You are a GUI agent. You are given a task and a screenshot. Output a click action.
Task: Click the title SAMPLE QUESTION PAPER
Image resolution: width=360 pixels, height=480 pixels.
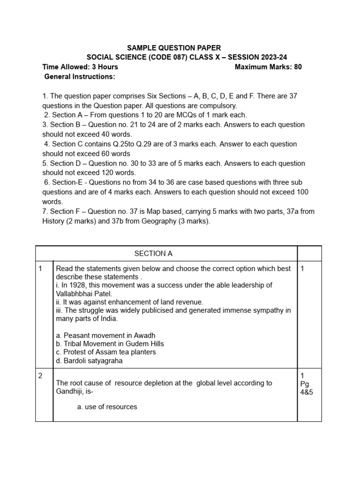(174, 48)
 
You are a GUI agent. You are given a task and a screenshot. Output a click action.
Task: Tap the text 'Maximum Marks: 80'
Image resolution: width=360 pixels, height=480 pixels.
(268, 67)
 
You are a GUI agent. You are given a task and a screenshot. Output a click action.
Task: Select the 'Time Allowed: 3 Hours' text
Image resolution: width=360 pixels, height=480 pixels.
(80, 67)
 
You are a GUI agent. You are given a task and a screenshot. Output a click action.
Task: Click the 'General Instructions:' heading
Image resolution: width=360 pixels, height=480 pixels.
(79, 76)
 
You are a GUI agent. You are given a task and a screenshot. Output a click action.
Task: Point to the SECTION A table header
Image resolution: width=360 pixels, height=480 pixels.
(153, 254)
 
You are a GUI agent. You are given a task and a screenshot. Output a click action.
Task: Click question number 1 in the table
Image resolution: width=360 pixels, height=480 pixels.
(41, 269)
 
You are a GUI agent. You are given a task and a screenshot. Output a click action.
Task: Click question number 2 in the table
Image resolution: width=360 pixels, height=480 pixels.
(41, 375)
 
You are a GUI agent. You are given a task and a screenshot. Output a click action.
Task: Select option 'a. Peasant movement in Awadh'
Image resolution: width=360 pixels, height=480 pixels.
(105, 335)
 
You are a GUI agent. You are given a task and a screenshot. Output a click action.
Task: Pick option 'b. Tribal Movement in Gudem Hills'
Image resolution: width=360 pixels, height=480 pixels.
(110, 344)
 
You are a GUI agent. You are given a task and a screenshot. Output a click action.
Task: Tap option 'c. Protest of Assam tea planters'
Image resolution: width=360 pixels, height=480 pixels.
(106, 352)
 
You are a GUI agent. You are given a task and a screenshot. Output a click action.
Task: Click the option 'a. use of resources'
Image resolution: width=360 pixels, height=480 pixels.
(107, 407)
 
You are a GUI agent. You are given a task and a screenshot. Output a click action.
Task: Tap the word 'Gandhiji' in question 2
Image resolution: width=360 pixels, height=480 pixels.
(69, 391)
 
